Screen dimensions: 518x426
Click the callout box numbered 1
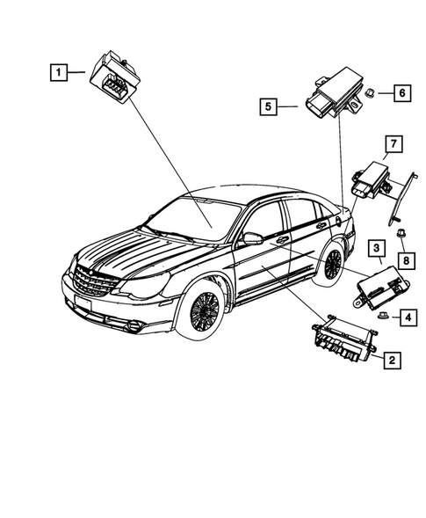[x=58, y=73]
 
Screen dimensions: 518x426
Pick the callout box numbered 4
[x=409, y=315]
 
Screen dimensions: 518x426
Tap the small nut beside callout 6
[x=372, y=91]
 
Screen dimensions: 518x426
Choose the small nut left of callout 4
[x=384, y=315]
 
